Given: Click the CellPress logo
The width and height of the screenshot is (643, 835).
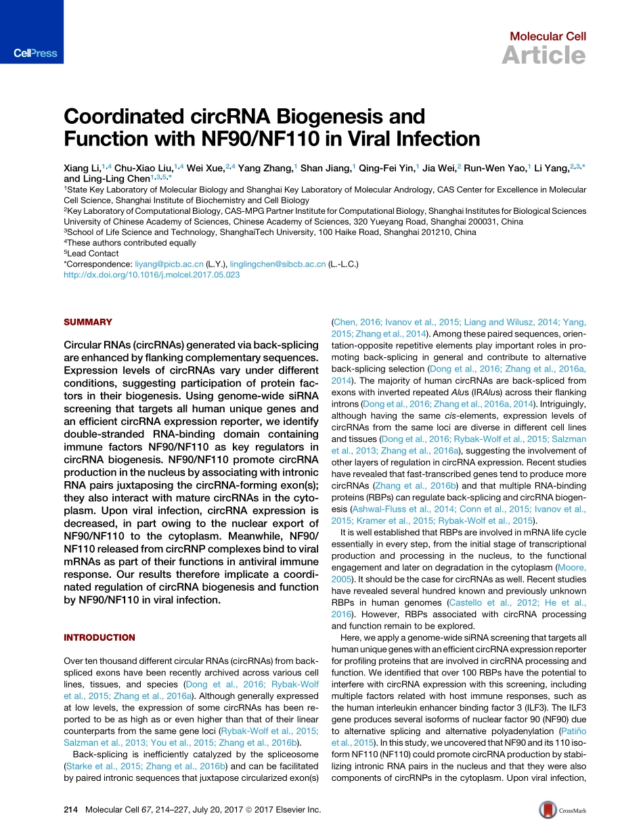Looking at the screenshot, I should [35, 53].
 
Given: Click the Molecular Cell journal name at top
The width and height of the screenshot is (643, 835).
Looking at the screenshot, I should [548, 37].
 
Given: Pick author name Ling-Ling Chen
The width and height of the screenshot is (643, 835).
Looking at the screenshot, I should [120, 180].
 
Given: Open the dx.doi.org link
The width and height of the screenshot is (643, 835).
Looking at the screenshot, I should [151, 275].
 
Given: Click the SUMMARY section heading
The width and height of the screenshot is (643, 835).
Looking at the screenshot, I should [88, 322].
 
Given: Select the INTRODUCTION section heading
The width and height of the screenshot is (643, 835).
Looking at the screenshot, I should [99, 637].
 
